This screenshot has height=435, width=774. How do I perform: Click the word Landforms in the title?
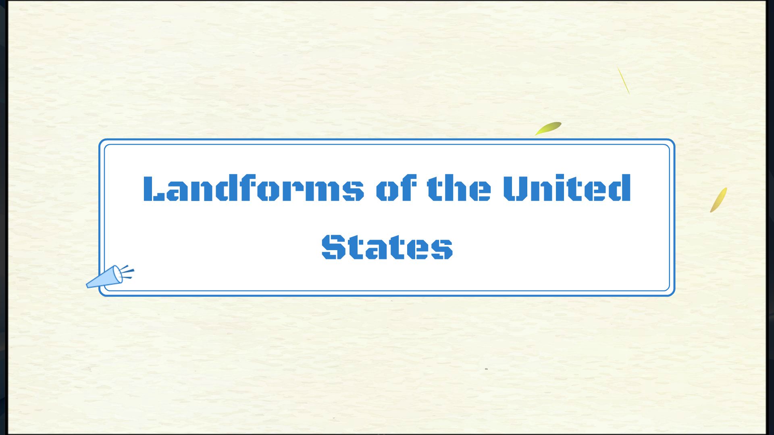coord(253,188)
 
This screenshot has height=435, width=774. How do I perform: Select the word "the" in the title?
coord(459,188)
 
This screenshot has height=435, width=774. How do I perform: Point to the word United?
coord(566,188)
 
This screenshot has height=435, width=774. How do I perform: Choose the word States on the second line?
coord(387,246)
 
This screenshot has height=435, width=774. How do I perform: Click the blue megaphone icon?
coord(104,278)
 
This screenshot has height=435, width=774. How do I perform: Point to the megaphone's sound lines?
coord(128,272)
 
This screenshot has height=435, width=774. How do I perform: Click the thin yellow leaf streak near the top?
coord(623,80)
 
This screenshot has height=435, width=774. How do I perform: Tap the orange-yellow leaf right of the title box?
coord(718,200)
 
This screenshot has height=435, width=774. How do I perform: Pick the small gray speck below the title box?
coord(486,369)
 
